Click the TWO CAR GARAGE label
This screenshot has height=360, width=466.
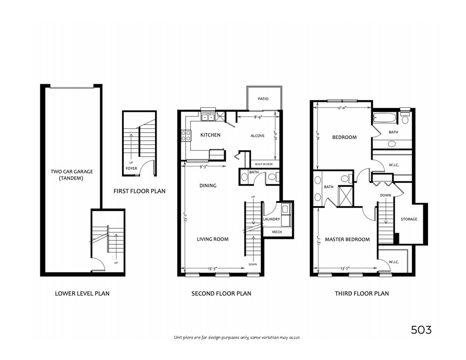(72, 172)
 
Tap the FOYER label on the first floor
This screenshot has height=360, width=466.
(131, 168)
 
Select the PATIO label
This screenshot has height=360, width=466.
(263, 99)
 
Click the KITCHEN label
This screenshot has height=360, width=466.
(210, 135)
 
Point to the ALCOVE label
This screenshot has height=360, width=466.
(257, 136)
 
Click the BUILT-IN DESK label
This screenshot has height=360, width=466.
(264, 164)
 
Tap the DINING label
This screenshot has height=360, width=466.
(208, 186)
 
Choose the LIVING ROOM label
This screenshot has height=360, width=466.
(213, 239)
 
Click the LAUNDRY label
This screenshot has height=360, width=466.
(271, 219)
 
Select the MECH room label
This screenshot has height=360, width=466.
(277, 232)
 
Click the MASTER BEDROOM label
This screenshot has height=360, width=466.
(347, 240)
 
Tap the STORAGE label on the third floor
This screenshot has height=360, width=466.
(409, 219)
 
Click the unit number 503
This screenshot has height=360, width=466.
(421, 330)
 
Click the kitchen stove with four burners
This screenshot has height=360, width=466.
(186, 136)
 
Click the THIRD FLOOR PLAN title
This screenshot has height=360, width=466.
(361, 293)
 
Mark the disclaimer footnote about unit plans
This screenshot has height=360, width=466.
(237, 337)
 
